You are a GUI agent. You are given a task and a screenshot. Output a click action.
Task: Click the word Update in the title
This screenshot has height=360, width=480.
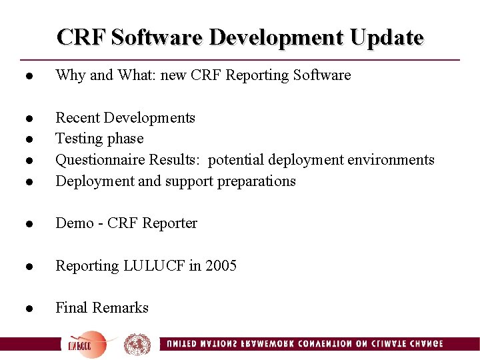[387, 37]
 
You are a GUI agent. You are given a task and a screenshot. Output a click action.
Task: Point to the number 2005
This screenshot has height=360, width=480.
[221, 266]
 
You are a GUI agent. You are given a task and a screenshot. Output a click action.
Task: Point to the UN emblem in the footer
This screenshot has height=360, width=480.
[137, 345]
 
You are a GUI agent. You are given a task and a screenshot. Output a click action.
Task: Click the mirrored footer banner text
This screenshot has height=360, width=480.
[303, 344]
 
